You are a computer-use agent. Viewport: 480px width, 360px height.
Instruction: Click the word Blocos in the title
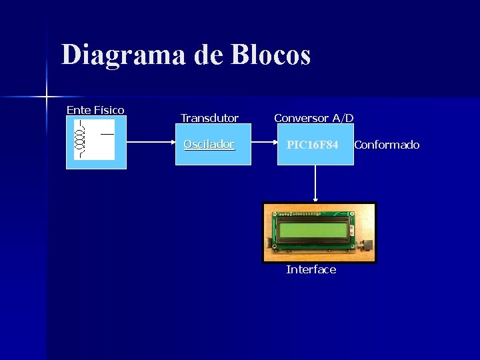(271, 55)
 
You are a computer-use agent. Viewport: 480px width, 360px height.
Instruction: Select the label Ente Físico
(95, 109)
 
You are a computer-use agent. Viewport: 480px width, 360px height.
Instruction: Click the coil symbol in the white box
(81, 139)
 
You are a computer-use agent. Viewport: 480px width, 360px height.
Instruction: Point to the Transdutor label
(209, 118)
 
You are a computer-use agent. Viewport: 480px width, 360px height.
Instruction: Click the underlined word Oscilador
(209, 144)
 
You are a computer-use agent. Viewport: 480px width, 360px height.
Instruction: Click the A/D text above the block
(343, 118)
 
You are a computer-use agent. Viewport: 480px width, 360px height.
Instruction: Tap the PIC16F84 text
(313, 145)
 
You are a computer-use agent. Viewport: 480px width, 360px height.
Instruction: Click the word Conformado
(387, 145)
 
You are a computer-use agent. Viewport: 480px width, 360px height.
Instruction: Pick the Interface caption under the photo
(311, 269)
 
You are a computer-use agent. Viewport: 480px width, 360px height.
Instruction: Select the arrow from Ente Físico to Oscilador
(153, 143)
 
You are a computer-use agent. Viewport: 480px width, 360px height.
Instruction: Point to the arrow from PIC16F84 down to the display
(315, 183)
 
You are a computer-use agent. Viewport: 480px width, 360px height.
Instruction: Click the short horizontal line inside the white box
(107, 133)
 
